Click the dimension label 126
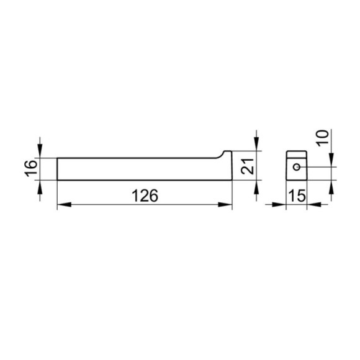point(145,196)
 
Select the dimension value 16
point(31,169)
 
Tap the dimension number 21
point(248,166)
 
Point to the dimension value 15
point(297,196)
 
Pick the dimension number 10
point(323,138)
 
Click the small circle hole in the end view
point(297,167)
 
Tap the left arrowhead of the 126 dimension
point(64,204)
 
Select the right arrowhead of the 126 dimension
point(225,204)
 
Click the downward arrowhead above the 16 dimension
point(40,151)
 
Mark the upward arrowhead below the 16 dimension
point(40,187)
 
